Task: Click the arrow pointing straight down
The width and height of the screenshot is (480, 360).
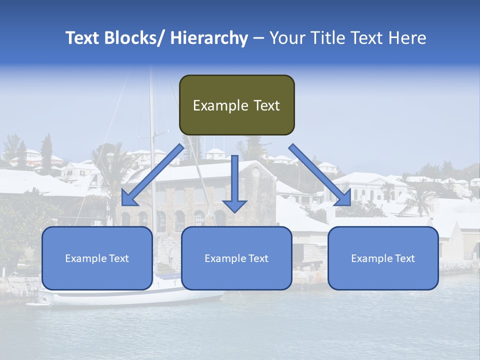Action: click(x=234, y=185)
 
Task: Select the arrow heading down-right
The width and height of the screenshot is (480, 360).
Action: click(x=320, y=174)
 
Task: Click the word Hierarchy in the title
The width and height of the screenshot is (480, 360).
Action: click(x=209, y=38)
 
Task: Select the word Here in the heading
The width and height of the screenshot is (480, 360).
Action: click(x=407, y=38)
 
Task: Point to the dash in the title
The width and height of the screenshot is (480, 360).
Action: click(x=258, y=38)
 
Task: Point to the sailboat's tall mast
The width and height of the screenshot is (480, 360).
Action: click(x=152, y=150)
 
